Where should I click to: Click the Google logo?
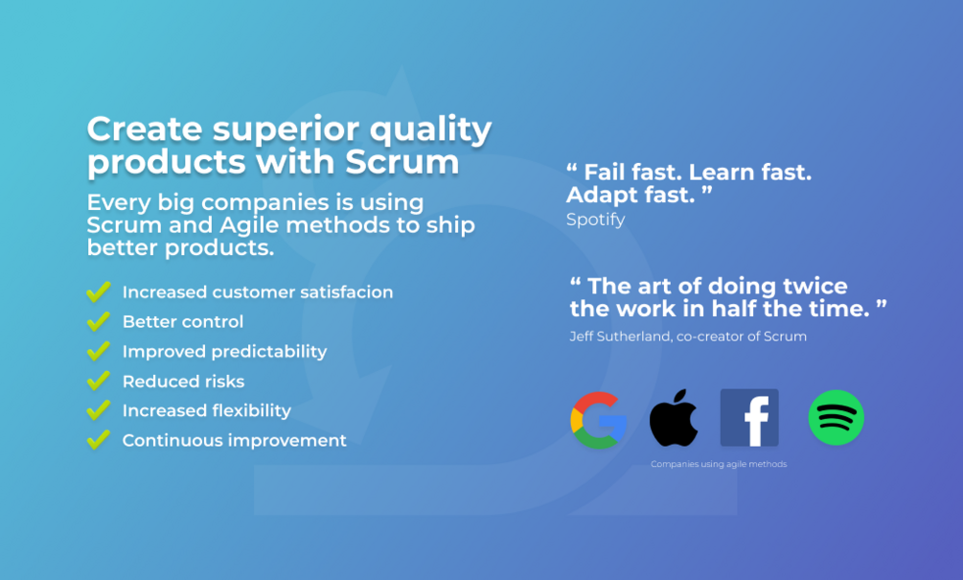point(598,420)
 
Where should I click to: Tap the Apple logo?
point(674,418)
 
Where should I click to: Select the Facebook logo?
point(749,418)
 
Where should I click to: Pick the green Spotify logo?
point(836,418)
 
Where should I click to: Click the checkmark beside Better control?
point(99,321)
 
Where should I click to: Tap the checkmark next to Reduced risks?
point(99,381)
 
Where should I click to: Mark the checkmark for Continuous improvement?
point(99,439)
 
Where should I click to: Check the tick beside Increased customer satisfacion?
point(99,291)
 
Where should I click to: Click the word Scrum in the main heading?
point(401,162)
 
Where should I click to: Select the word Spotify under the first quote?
point(595,220)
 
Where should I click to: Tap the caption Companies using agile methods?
point(719,464)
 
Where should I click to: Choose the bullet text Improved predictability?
point(224,352)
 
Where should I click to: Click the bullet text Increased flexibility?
point(206,410)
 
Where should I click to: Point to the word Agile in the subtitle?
point(249,225)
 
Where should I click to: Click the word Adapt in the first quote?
point(601,196)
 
